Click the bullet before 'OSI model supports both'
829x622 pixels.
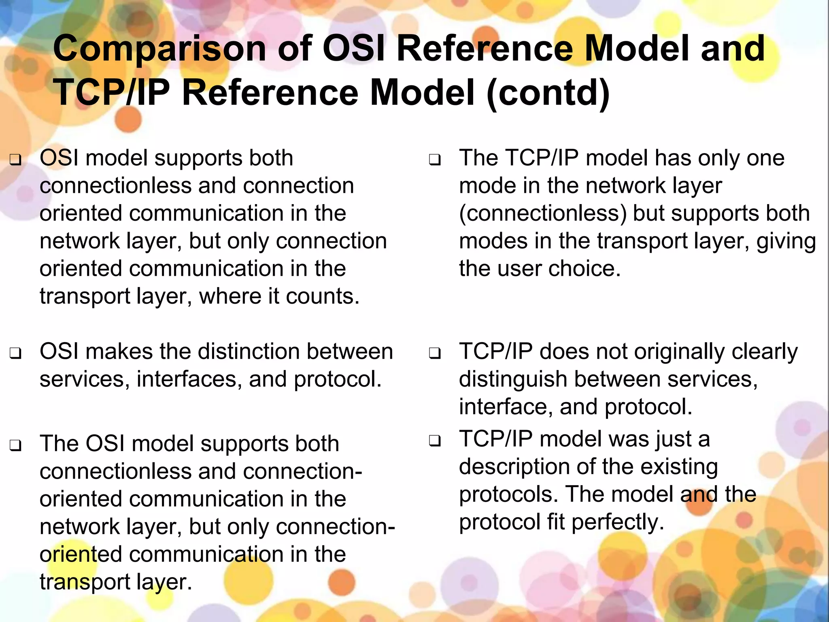click(x=15, y=160)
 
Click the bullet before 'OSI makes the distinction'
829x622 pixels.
click(x=15, y=354)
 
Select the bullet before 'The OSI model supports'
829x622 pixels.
click(x=15, y=446)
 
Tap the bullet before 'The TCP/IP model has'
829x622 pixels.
click(x=435, y=160)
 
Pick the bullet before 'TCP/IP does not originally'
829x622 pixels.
click(x=435, y=354)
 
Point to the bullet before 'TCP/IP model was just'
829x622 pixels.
click(x=435, y=441)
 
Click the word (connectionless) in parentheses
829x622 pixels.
click(x=542, y=214)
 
